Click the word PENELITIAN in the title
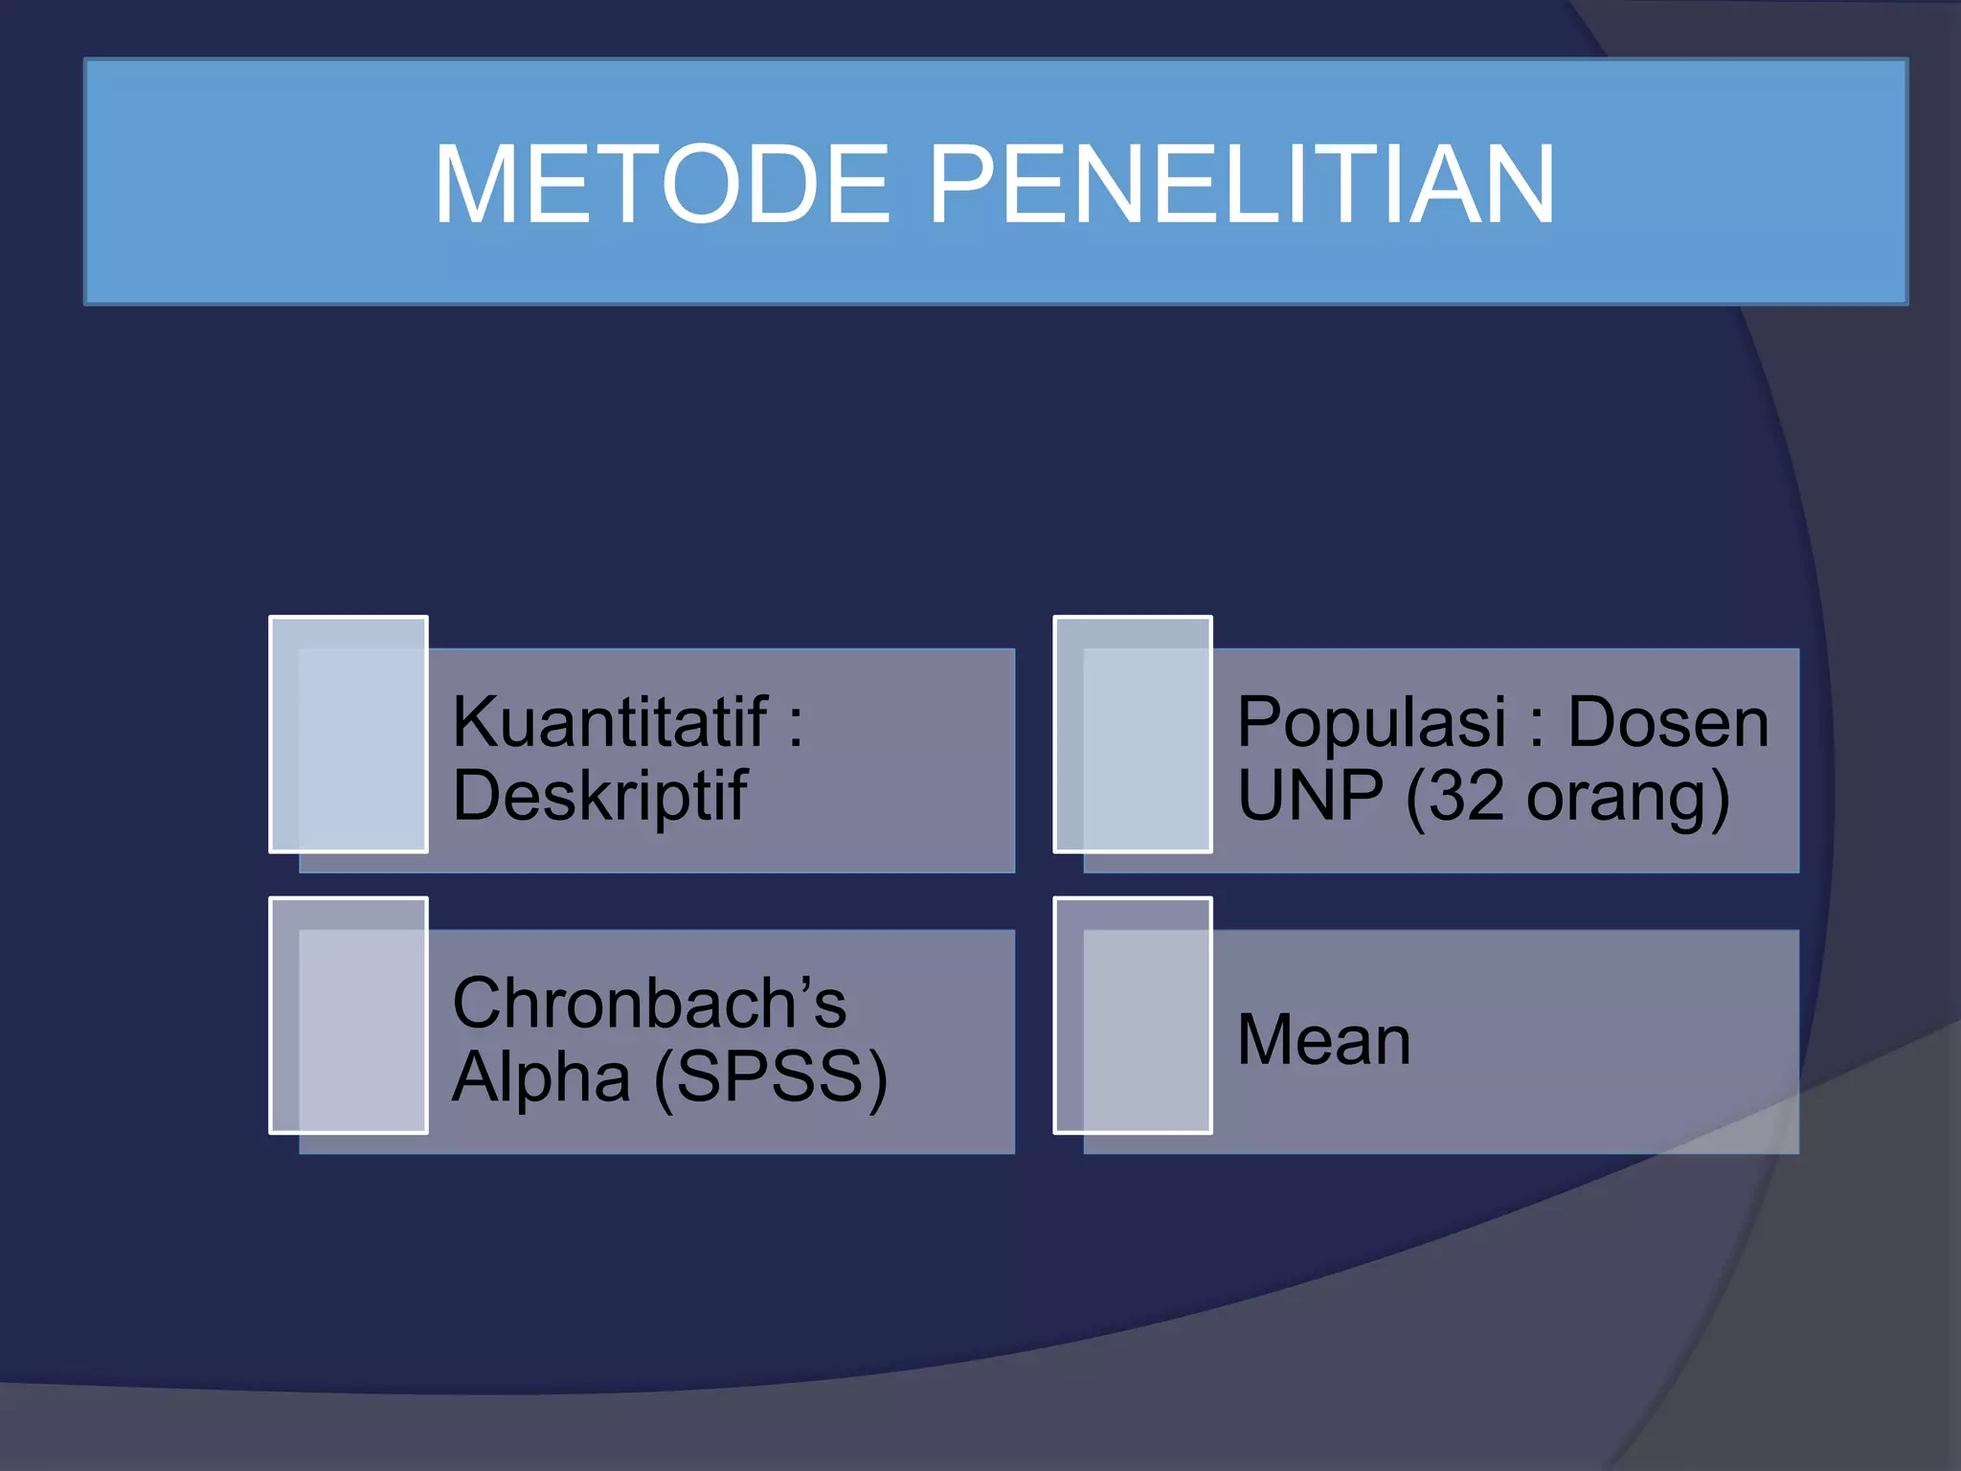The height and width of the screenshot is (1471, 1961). (1241, 184)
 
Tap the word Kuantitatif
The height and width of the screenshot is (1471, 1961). (610, 722)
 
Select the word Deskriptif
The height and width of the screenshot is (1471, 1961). (599, 797)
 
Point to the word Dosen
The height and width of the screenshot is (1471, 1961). (1667, 722)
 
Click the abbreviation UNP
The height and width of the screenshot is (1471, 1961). (1310, 797)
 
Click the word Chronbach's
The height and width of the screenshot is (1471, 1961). (649, 1004)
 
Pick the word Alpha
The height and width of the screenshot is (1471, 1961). (541, 1077)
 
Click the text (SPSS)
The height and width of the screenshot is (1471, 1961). (771, 1078)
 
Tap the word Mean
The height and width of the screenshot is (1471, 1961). (1324, 1040)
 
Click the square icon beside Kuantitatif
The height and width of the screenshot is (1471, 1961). (349, 735)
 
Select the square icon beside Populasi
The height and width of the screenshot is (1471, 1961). (1133, 735)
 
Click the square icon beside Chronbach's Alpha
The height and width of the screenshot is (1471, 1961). (349, 1015)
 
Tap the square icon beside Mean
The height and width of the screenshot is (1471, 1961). (1133, 1015)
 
